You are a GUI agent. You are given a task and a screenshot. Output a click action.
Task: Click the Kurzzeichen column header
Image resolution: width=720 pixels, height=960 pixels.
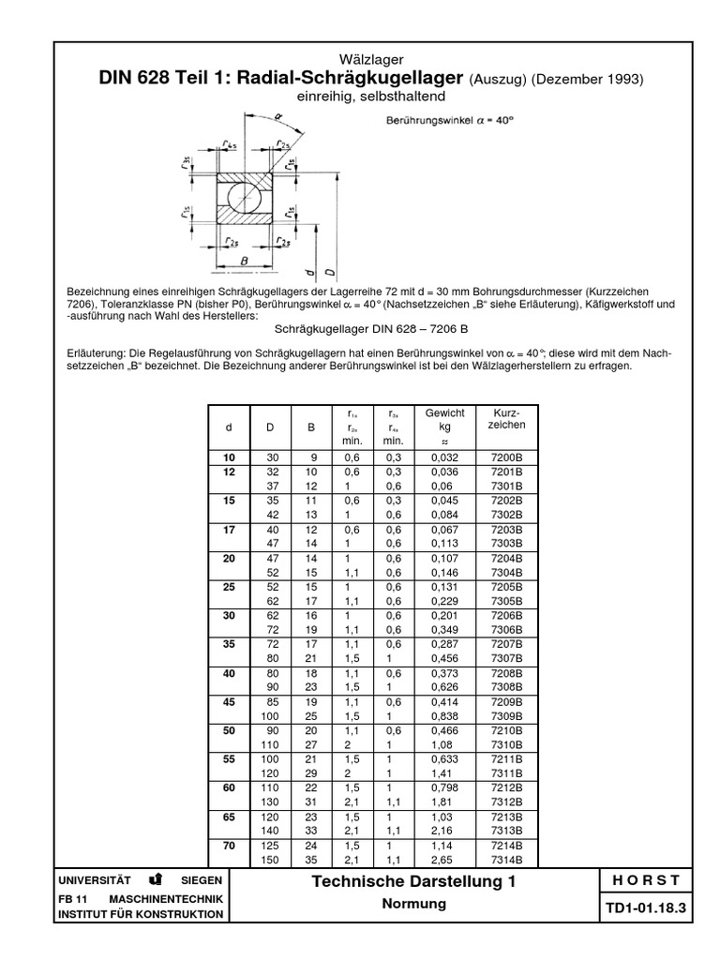507,419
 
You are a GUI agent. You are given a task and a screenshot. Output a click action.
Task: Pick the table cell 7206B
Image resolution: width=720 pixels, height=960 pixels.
507,615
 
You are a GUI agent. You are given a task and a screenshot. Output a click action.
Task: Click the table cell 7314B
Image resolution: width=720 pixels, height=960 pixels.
507,860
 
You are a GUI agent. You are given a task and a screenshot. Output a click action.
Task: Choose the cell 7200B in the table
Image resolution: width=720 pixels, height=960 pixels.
507,457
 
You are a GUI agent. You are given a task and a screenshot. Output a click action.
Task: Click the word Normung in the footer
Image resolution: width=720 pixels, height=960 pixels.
414,905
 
